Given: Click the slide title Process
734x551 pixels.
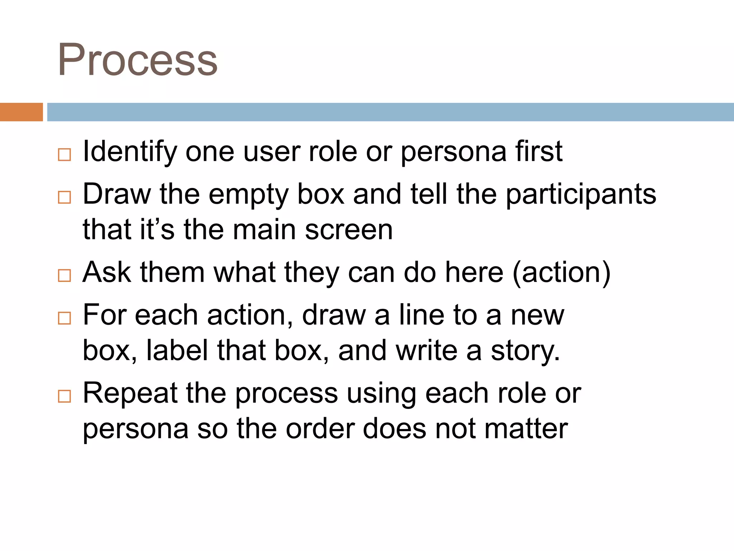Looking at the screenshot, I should click(138, 60).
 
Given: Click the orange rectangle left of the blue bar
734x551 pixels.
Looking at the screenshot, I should click(21, 112).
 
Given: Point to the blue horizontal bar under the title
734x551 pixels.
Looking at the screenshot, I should click(390, 112).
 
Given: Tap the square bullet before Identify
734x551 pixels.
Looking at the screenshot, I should click(65, 155).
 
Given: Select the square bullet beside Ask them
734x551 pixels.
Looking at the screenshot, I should click(65, 275).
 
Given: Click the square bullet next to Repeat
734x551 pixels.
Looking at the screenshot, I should click(65, 396).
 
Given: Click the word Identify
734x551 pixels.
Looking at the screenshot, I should click(129, 152).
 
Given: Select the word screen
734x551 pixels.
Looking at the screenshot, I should click(349, 230).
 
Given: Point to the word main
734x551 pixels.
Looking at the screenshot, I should click(264, 230).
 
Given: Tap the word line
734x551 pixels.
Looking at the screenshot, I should click(421, 315).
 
